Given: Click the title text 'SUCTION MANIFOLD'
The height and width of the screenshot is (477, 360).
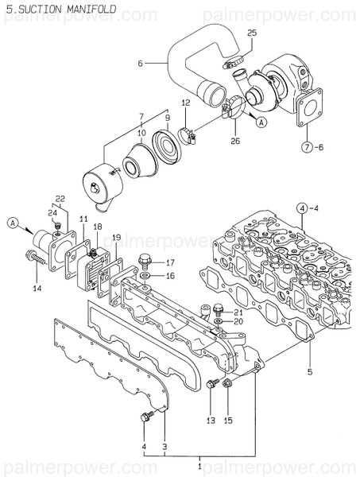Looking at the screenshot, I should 63,9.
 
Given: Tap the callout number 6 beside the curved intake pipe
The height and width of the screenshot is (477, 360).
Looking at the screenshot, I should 140,63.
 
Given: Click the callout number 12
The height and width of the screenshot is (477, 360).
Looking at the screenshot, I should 185,103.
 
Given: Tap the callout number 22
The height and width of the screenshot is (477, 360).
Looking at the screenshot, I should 60,198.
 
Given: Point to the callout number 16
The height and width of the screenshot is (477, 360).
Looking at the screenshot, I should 170,275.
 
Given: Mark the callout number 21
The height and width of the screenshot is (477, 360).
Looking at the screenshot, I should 238,312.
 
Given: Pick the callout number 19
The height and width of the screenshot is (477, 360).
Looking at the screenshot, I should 116,237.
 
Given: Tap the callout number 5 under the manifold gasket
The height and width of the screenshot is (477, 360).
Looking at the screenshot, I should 310,371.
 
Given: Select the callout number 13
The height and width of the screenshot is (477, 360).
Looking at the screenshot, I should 211,419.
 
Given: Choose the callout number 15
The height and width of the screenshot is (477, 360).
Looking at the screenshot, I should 228,419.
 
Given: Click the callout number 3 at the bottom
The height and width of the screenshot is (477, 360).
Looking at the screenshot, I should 165,446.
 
